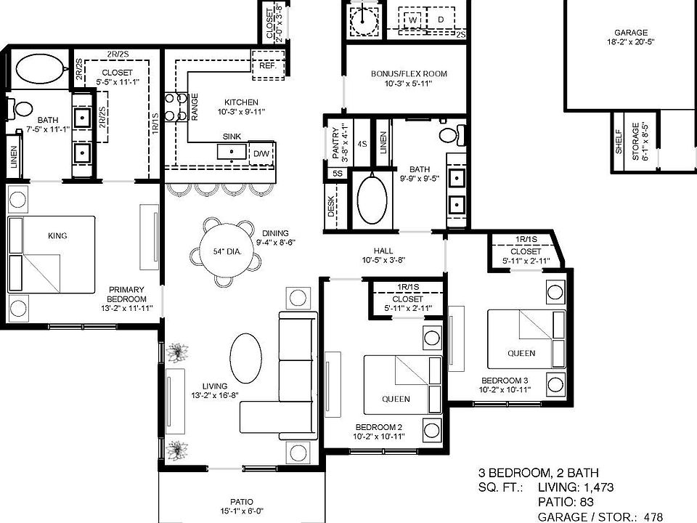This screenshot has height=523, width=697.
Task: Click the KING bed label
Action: coord(57,235)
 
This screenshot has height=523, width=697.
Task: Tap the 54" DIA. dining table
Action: coord(227,251)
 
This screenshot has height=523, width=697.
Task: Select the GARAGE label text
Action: coord(631,33)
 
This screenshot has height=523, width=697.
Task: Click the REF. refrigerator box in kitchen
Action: coord(269,65)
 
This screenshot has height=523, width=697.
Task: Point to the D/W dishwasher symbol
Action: coord(261,153)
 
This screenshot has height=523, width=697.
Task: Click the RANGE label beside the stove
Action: coord(195,107)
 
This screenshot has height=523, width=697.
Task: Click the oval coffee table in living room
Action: coord(245,358)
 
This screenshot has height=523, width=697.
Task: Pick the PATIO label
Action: coord(242,502)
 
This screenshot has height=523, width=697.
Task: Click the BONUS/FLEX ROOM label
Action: coord(409,74)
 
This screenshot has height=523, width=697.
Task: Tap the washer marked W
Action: coord(413,20)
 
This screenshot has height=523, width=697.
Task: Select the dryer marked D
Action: coord(441,20)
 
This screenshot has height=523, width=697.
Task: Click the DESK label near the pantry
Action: coord(331,207)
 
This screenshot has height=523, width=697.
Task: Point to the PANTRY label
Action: coord(335,143)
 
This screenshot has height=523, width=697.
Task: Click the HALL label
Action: coord(383,251)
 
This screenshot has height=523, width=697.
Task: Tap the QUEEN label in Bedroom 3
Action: coord(521,353)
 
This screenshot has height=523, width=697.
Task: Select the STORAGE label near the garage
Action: coord(636,142)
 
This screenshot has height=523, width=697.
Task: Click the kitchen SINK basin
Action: coord(232,152)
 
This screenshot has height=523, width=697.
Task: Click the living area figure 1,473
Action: coord(595,487)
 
